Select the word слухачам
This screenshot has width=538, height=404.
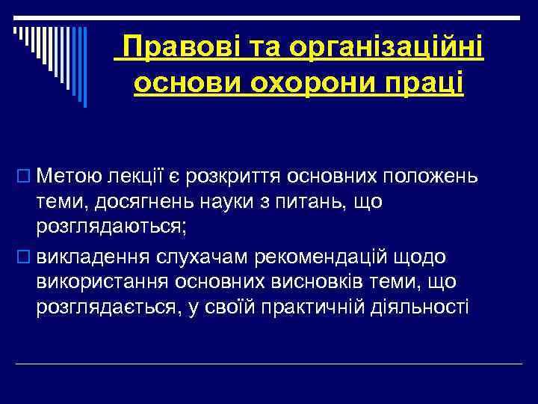(x=222, y=257)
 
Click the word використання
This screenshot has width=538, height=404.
(x=111, y=282)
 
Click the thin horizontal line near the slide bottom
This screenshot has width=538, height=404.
(x=269, y=364)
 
